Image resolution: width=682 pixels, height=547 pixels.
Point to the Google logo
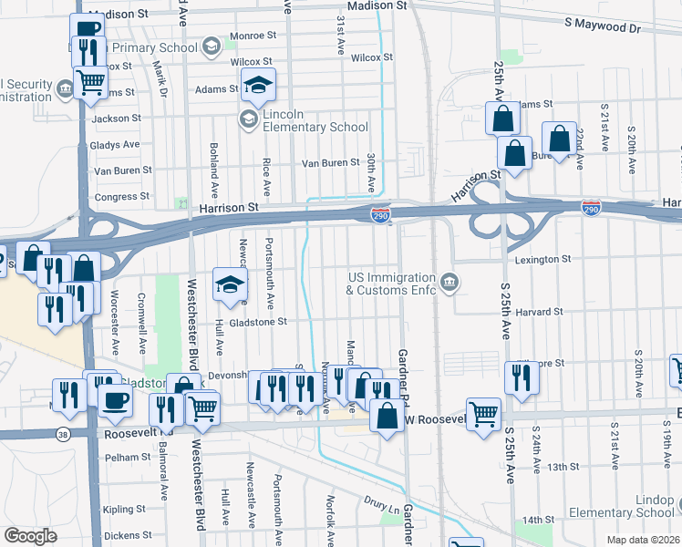tap(30, 536)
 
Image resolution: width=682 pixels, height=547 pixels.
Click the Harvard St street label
tap(538, 312)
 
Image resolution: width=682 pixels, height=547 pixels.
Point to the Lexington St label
tap(542, 260)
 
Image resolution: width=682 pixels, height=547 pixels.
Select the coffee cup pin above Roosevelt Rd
tap(115, 402)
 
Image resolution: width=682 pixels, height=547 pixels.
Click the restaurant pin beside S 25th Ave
tap(521, 377)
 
